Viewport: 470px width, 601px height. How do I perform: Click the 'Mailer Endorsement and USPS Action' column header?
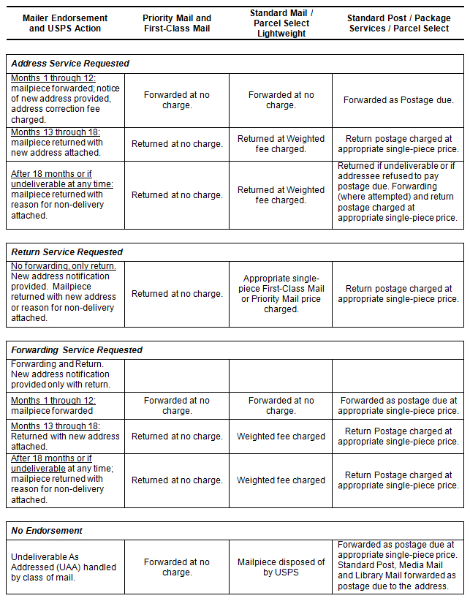coord(65,23)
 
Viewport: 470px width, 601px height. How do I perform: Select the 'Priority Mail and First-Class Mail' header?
coord(177,23)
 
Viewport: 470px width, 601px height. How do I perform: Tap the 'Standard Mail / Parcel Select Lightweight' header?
coord(281,23)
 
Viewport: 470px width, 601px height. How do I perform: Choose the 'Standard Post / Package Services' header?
coord(398,23)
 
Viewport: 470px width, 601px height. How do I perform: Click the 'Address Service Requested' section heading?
coord(70,64)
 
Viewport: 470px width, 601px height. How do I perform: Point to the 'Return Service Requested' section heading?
coord(67,252)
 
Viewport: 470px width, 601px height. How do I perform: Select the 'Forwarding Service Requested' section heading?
coord(77,350)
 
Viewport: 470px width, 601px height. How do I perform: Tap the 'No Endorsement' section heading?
coord(48,531)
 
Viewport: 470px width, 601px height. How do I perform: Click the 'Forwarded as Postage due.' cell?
coord(398,100)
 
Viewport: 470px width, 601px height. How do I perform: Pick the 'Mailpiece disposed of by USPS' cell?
coord(281,567)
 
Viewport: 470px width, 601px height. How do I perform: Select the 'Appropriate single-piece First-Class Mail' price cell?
coord(281,294)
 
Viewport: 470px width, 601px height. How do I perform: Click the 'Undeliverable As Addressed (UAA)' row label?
coord(64,567)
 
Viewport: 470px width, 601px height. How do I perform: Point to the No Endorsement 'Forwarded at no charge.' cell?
coord(177,567)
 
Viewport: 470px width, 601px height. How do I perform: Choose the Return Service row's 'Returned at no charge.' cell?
coord(177,294)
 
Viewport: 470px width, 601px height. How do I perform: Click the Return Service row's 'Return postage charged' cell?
coord(398,294)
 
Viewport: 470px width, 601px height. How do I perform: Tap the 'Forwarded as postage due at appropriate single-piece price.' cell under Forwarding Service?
coord(398,406)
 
